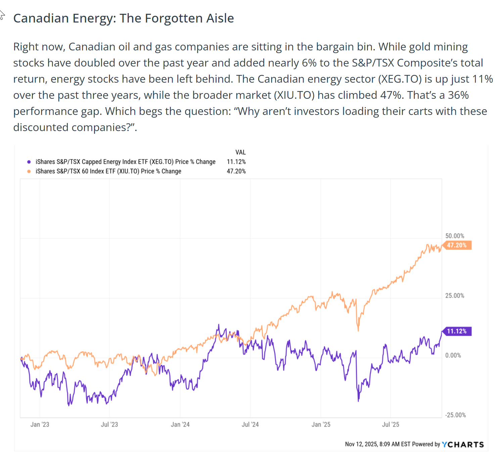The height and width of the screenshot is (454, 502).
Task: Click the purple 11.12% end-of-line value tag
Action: (457, 331)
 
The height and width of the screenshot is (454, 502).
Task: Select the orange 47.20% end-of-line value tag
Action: (457, 245)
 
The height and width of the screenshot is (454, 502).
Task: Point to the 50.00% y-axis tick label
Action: (455, 236)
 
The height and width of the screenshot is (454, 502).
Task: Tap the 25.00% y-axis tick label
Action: (455, 296)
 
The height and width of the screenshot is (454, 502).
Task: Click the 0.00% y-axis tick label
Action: (453, 356)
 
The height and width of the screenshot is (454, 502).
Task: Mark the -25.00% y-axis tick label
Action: (455, 415)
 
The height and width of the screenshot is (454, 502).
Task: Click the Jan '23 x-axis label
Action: (40, 424)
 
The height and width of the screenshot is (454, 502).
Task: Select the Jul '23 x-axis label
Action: (109, 424)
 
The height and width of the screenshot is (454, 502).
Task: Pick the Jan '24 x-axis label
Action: (180, 424)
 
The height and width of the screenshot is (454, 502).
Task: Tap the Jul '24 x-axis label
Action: (250, 424)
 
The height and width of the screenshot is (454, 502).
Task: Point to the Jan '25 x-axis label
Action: (321, 424)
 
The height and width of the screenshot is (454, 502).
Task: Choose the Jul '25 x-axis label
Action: (391, 424)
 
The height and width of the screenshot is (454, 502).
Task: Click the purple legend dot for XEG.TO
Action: (29, 162)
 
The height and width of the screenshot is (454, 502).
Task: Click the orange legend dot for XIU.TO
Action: (29, 171)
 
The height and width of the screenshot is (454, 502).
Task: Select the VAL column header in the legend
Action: (240, 152)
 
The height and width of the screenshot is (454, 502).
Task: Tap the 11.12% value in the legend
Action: (236, 162)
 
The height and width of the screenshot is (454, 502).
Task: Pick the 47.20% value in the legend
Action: (236, 171)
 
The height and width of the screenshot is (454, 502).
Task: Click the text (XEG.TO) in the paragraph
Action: (400, 79)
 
